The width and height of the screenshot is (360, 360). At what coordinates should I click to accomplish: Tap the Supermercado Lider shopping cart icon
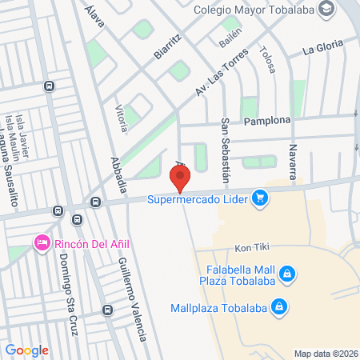259,197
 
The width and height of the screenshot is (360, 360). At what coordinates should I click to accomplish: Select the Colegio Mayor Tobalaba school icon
326,10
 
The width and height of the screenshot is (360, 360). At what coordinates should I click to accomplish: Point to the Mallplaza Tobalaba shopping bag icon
279,306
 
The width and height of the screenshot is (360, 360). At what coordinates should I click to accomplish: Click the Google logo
27,350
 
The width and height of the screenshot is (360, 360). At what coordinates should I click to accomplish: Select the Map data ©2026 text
325,353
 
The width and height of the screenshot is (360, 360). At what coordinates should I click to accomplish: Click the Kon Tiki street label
249,248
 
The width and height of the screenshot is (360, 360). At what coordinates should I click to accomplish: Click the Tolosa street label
267,60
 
